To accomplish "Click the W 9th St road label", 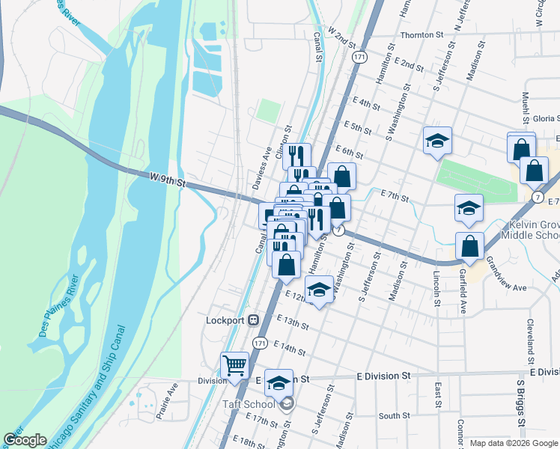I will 167,179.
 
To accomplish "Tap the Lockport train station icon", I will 253,320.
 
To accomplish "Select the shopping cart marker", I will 235,366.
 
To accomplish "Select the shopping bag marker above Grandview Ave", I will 469,245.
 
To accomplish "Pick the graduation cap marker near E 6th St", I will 437,140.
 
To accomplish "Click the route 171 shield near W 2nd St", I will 361,57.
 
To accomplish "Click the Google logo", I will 25,440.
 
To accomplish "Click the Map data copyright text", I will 514,443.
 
